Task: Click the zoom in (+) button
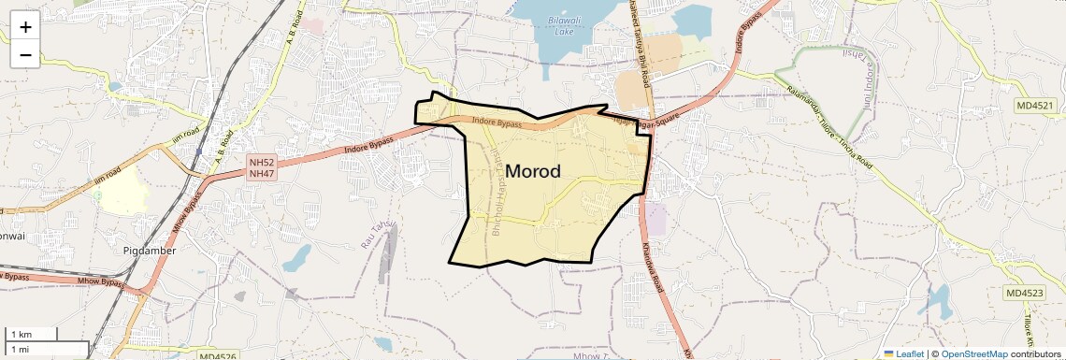[x=25, y=26]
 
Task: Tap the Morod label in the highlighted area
[x=533, y=172]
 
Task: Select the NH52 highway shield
[x=261, y=163]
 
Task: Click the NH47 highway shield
[x=261, y=174]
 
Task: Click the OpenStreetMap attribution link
[x=973, y=353]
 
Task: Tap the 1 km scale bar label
[x=21, y=334]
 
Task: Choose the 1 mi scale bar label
[x=21, y=349]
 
